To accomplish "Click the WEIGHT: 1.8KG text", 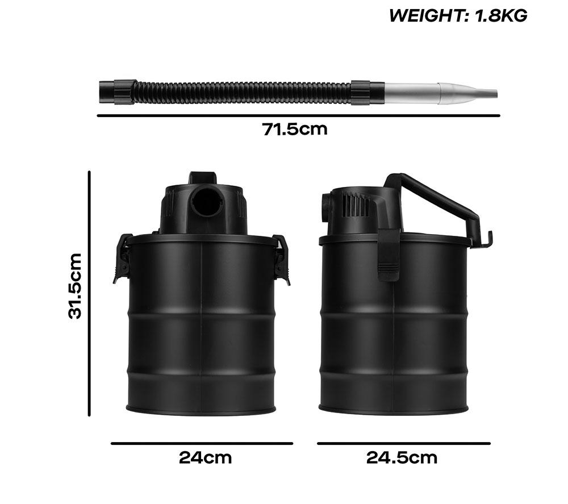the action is click(458, 15).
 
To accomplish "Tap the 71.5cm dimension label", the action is click(294, 130).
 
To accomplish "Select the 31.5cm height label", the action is click(75, 286).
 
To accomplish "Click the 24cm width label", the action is click(205, 457).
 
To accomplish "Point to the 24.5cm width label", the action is click(402, 457).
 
